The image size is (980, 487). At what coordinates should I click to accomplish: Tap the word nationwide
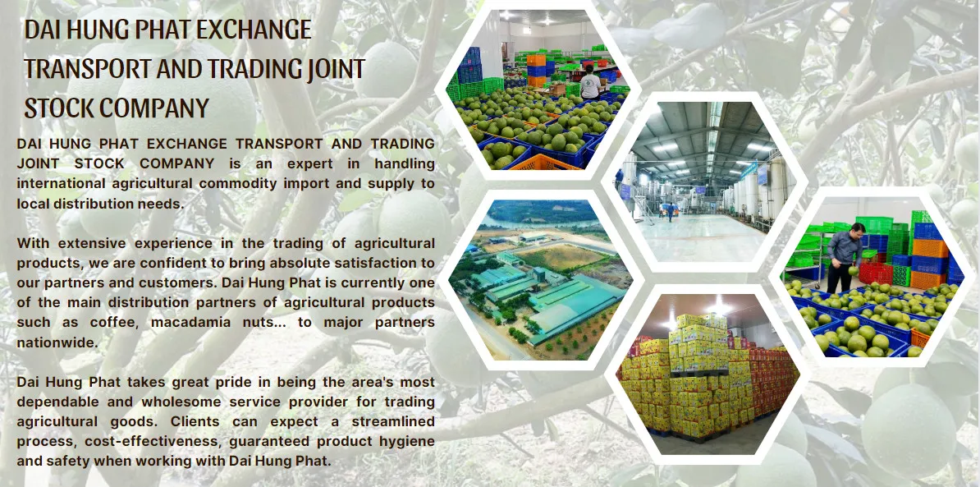[x=57, y=342]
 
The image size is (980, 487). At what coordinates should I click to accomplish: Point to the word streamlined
[x=393, y=421]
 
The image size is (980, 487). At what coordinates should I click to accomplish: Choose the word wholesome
[x=181, y=402]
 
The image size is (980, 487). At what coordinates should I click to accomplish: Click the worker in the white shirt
[x=589, y=82]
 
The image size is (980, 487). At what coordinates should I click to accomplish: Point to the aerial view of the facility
[x=539, y=280]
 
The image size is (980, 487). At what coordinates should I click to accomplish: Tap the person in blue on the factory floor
[x=671, y=211]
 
